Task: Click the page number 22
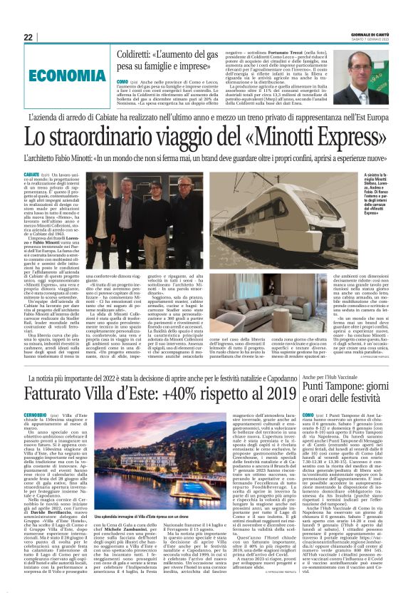pyautogui.click(x=28, y=37)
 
